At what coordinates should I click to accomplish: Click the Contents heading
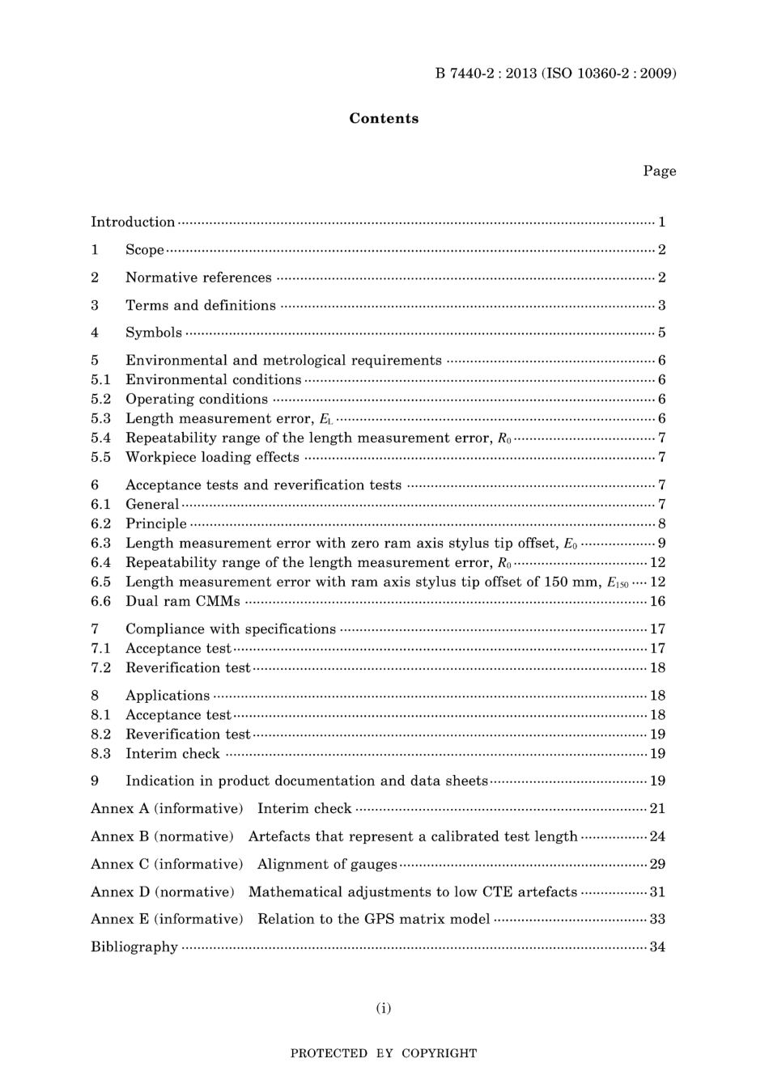pos(384,118)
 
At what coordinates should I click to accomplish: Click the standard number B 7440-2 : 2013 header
pos(555,74)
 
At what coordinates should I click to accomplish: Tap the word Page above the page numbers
pos(659,171)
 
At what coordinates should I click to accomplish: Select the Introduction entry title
pos(133,222)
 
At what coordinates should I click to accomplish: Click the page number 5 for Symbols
pos(661,332)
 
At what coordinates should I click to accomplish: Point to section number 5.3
pos(100,418)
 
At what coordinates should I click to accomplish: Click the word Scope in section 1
pos(145,250)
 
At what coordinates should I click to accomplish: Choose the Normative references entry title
pos(198,277)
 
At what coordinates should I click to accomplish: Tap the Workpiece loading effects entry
pos(212,457)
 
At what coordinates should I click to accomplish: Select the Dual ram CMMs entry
pos(183,601)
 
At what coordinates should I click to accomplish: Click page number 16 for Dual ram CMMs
pos(657,601)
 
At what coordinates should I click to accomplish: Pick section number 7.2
pos(100,667)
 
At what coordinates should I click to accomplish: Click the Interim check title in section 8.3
pos(172,753)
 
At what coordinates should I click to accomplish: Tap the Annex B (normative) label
pos(162,836)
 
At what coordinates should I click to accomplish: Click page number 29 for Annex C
pos(657,864)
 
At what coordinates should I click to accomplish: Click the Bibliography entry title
pos(134,946)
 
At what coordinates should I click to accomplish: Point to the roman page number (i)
pos(384,1008)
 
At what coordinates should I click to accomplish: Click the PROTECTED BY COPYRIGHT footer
pos(384,1053)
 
